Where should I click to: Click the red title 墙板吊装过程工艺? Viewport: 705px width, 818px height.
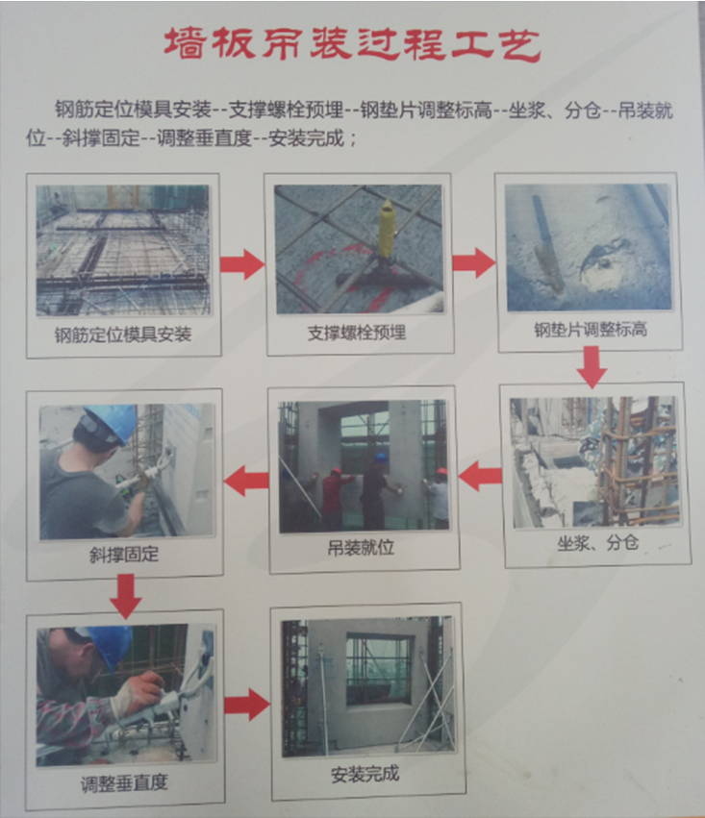[x=353, y=44]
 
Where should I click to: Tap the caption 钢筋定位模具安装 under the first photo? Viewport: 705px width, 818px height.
[x=123, y=335]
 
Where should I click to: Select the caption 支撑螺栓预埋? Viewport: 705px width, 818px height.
[x=357, y=333]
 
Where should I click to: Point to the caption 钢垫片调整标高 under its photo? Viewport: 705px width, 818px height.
[x=591, y=330]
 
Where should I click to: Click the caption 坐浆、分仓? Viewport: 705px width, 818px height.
[x=597, y=543]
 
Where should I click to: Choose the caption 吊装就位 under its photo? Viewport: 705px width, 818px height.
[x=361, y=548]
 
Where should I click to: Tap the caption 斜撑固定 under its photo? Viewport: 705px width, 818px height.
[x=124, y=555]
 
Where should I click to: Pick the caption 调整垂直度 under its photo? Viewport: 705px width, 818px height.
[x=124, y=783]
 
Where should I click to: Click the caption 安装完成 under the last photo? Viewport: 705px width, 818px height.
[x=365, y=774]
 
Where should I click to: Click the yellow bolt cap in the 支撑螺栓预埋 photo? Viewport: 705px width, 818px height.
[x=386, y=227]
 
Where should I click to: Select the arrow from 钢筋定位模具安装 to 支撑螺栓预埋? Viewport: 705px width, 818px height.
[x=242, y=264]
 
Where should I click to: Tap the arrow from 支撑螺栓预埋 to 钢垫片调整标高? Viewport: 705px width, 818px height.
[x=474, y=262]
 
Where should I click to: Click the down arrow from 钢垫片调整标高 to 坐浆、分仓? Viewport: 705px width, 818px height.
[x=592, y=367]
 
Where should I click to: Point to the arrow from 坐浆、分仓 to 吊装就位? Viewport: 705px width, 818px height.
[x=480, y=476]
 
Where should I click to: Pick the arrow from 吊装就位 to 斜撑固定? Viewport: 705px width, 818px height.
[x=246, y=481]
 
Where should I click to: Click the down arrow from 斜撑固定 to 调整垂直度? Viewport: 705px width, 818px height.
[x=126, y=596]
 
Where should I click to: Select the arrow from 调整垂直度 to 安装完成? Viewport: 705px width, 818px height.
[x=247, y=705]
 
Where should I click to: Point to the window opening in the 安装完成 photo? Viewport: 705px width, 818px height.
[x=380, y=669]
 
